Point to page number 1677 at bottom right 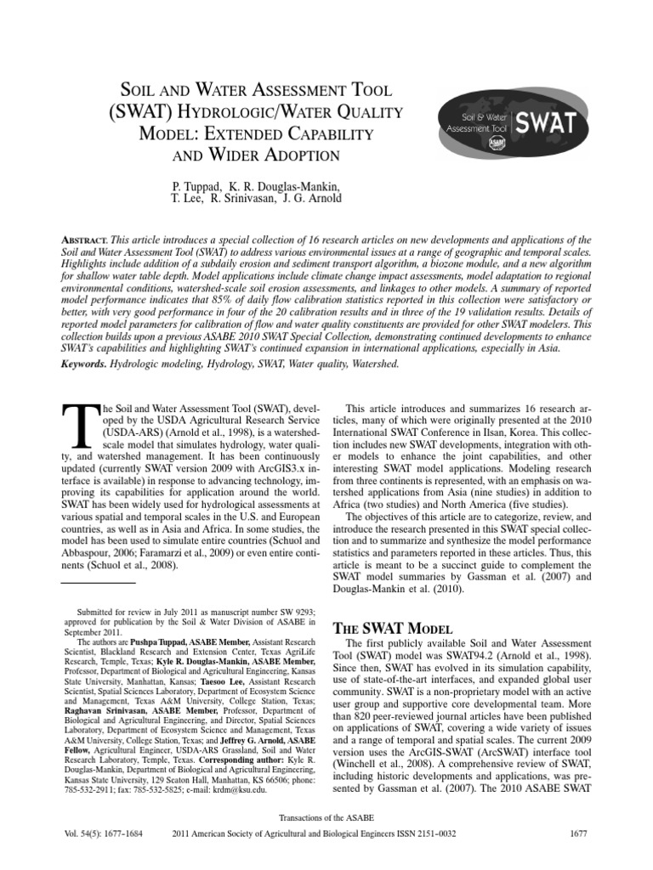[577, 833]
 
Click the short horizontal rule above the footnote [100, 584]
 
